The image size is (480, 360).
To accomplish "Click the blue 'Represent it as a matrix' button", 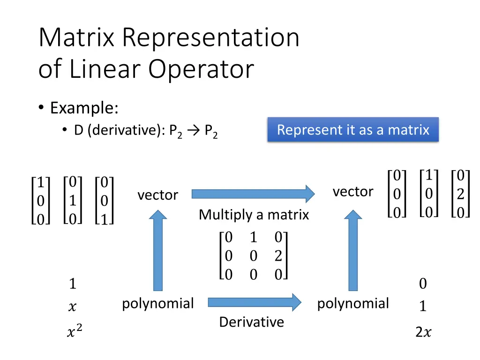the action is [x=353, y=130].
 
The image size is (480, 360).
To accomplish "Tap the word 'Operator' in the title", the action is [x=201, y=69].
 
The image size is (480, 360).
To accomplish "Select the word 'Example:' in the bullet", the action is [x=84, y=108].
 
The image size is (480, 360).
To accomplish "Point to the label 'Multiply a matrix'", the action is [x=254, y=215].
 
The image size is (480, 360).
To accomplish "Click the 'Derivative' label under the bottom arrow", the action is [x=251, y=322].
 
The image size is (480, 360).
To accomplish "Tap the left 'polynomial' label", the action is [x=157, y=304].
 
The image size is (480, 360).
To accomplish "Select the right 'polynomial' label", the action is [x=353, y=304].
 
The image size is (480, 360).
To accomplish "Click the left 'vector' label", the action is [x=157, y=195].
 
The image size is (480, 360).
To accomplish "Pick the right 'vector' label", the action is [x=353, y=191].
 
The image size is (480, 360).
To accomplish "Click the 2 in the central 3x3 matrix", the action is [x=278, y=256].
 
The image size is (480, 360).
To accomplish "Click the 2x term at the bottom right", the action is [x=423, y=332].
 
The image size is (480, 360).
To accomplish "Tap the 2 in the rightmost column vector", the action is [x=460, y=194].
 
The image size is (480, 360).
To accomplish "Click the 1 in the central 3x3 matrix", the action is [x=254, y=238].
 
